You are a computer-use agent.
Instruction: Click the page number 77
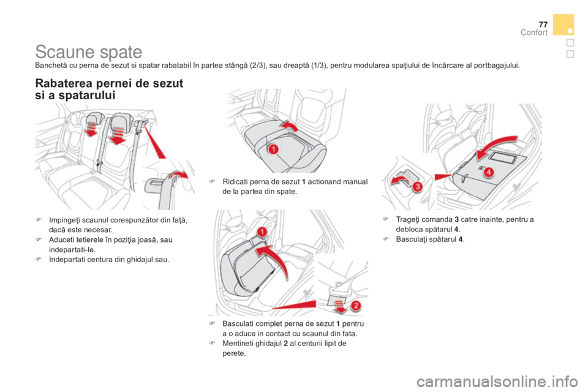543,24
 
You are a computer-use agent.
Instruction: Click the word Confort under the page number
534,32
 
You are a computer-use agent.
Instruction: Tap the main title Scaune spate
89,52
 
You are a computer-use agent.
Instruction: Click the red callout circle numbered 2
356,306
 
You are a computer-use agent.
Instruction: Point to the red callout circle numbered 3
417,186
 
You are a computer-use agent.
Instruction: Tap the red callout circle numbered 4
488,172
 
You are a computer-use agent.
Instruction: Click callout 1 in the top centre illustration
274,149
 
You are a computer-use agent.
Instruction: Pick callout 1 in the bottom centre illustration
262,232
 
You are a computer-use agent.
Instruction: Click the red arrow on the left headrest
91,129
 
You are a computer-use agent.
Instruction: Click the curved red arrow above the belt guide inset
179,174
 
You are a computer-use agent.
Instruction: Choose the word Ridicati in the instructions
235,182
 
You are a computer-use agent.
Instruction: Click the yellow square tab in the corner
563,24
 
